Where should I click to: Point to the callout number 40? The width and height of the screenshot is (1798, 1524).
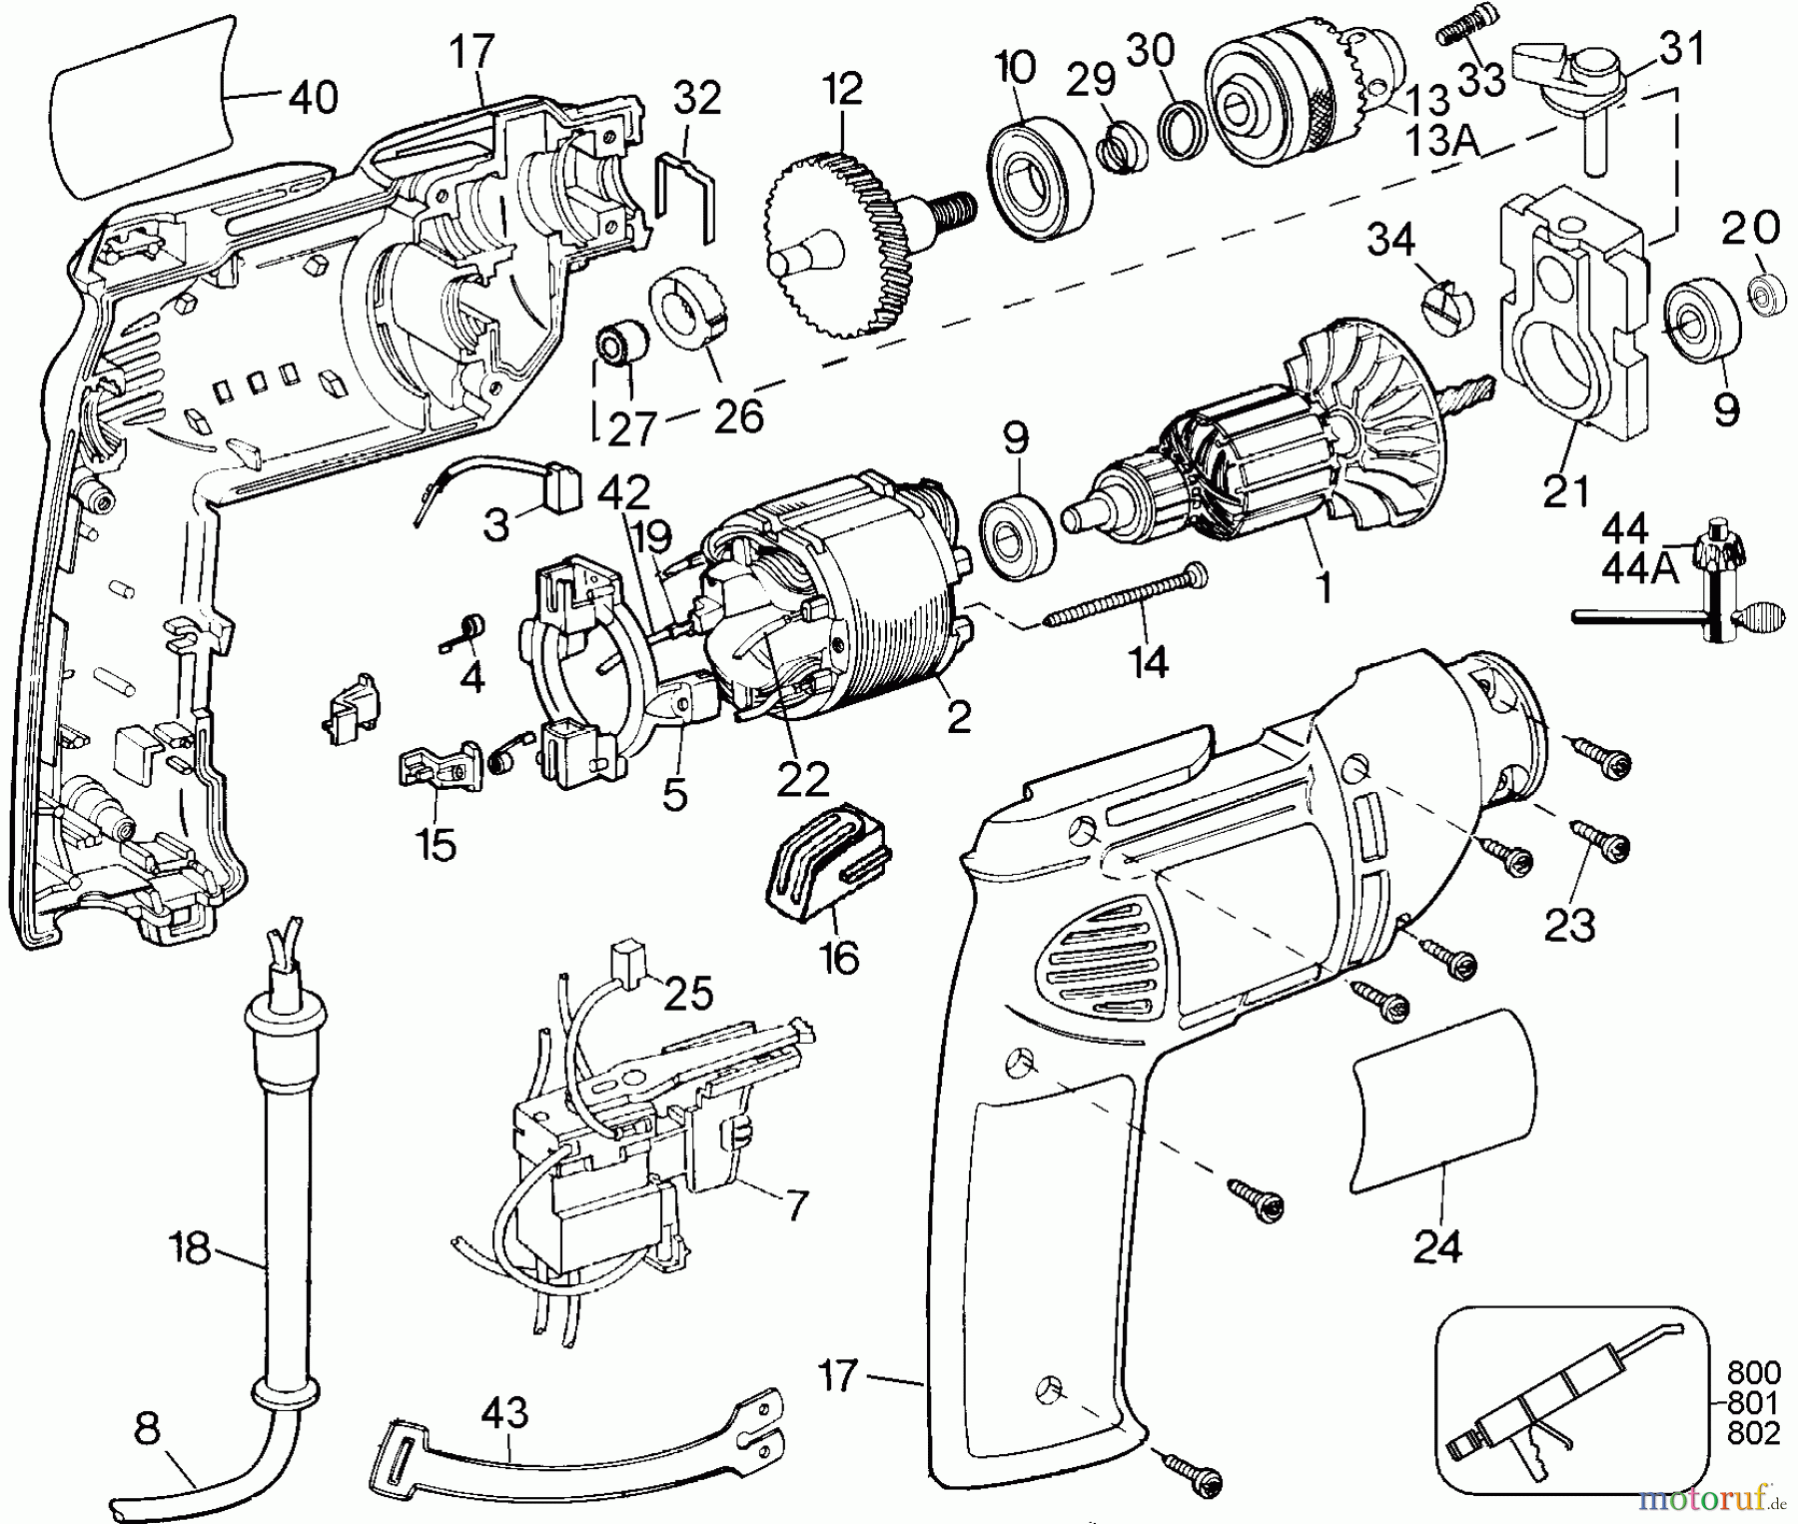click(314, 98)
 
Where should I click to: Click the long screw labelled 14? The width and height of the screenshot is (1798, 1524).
click(1124, 596)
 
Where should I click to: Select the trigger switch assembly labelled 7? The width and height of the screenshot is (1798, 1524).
click(619, 1148)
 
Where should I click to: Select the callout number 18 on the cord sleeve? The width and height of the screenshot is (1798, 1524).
click(190, 1247)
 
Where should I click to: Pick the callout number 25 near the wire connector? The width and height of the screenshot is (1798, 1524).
click(688, 995)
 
